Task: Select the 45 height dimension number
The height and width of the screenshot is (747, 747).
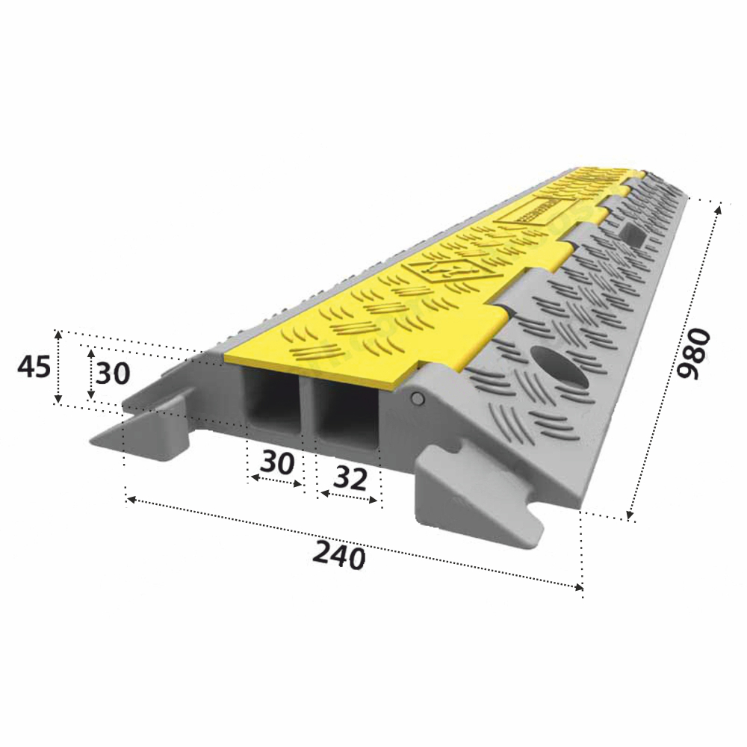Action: click(x=34, y=368)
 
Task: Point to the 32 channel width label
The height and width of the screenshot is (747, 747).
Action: click(x=350, y=478)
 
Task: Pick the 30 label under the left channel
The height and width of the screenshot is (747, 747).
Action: click(x=277, y=462)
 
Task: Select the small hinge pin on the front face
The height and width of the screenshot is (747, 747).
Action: click(x=418, y=398)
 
